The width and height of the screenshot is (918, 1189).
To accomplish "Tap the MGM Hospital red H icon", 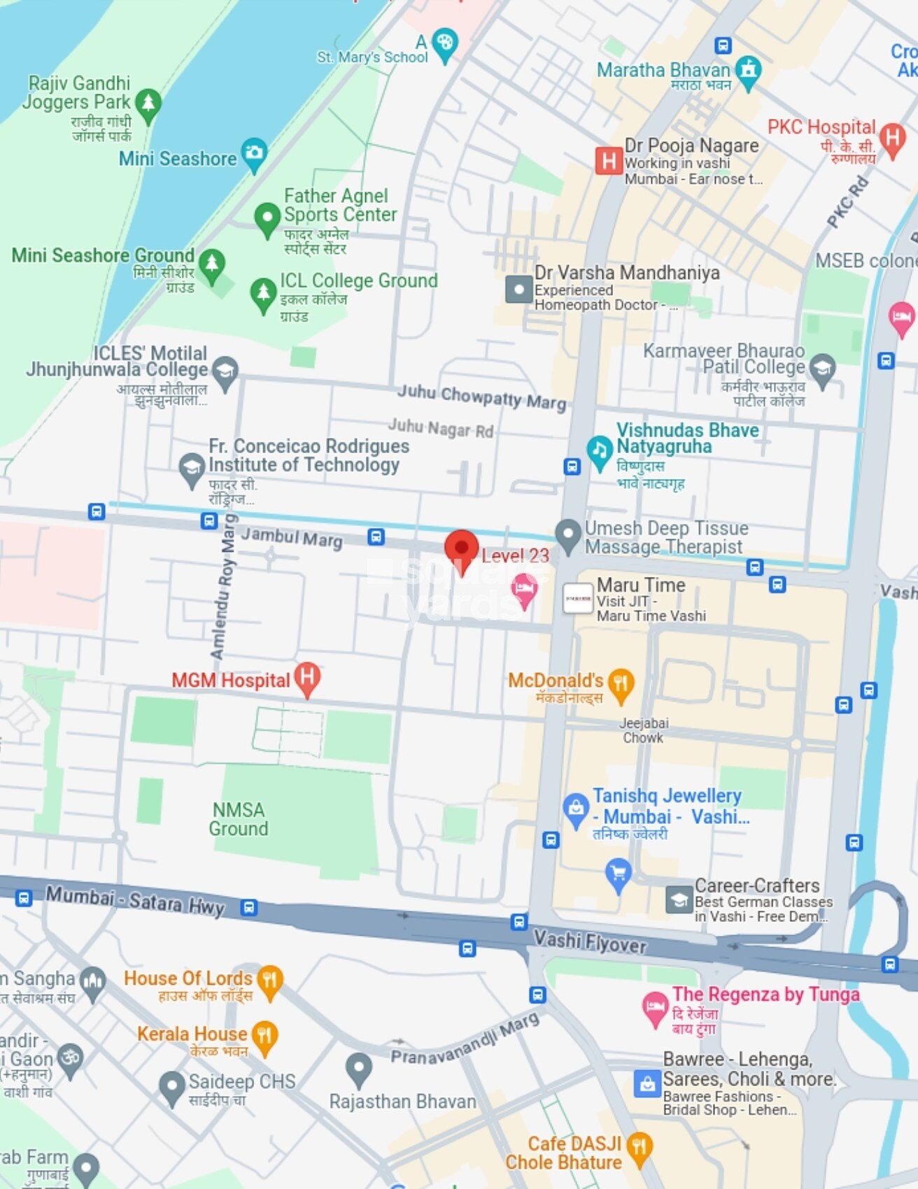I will pos(307,678).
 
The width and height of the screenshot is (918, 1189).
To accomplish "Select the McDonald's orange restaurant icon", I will pos(621,683).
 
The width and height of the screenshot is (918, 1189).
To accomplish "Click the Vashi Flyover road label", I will pos(589,942).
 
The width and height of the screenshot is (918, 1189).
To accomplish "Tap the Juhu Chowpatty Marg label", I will pos(481,397).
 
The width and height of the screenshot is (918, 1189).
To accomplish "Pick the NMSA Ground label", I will pos(239,819).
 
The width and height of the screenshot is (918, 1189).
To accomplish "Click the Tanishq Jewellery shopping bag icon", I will pos(575,809).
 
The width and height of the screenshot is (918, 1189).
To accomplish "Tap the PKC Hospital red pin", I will pos(893,138).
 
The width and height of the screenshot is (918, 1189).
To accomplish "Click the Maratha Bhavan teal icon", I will pos(749,71).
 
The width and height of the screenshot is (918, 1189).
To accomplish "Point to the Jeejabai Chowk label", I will pos(643,730).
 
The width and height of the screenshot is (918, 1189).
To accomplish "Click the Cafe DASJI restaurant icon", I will pos(639,1148).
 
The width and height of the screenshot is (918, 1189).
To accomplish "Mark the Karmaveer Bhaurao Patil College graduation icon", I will pos(822,368).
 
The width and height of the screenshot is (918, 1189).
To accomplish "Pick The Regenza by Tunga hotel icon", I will pos(655,1008).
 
